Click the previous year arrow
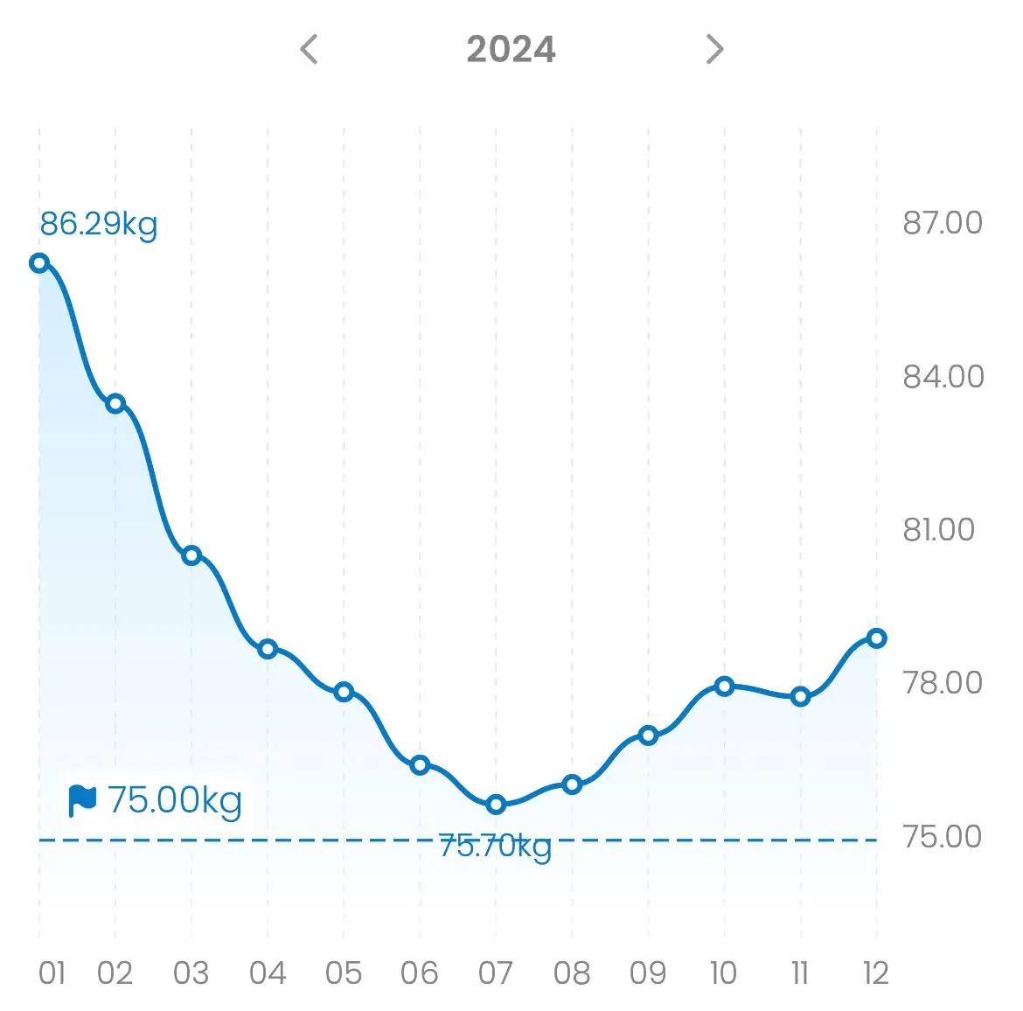pyautogui.click(x=309, y=49)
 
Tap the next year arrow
pyautogui.click(x=714, y=49)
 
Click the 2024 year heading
pyautogui.click(x=511, y=49)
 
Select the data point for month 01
pyautogui.click(x=39, y=262)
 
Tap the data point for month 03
pyautogui.click(x=191, y=554)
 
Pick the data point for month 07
pyautogui.click(x=496, y=804)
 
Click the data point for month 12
pyautogui.click(x=876, y=638)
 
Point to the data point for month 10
pyautogui.click(x=724, y=686)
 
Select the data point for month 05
pyautogui.click(x=344, y=692)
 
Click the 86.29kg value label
pyautogui.click(x=99, y=224)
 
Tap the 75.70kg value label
pyautogui.click(x=495, y=847)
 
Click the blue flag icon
pyautogui.click(x=82, y=800)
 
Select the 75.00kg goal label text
pyautogui.click(x=175, y=800)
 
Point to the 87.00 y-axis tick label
pyautogui.click(x=943, y=223)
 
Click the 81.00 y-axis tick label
pyautogui.click(x=938, y=530)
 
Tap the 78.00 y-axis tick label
pyautogui.click(x=943, y=683)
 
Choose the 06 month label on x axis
pyautogui.click(x=419, y=973)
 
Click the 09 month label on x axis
pyautogui.click(x=647, y=973)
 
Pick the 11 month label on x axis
pyautogui.click(x=799, y=973)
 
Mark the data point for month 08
pyautogui.click(x=572, y=784)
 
